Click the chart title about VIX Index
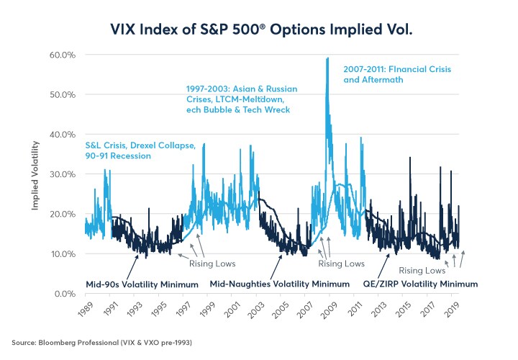click(x=258, y=30)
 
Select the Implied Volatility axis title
click(x=35, y=172)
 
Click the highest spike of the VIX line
click(x=328, y=58)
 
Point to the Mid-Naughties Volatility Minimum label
click(x=279, y=284)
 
